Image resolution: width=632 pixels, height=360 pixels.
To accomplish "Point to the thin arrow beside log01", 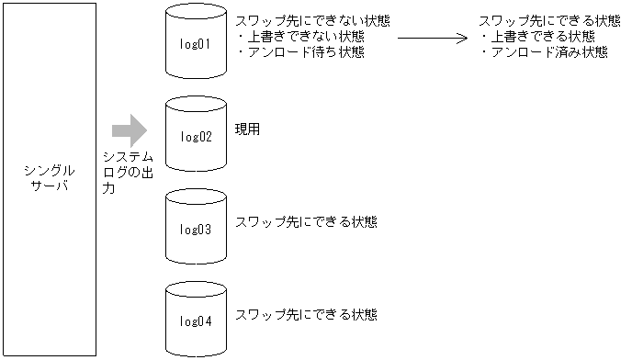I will pos(431,39).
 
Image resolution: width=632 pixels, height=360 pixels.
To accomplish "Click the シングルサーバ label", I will pos(49,179).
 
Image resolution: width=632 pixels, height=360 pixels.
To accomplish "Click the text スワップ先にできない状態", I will pos(312,21).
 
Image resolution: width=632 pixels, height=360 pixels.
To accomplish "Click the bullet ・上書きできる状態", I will pos(536,37).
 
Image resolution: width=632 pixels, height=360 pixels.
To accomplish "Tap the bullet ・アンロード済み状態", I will pos(543,52).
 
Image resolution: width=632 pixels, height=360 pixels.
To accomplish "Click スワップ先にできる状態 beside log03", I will pos(306,221).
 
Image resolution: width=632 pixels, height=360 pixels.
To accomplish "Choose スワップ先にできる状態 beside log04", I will pos(306,314).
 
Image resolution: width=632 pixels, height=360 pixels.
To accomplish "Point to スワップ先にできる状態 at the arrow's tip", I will pos(549,21).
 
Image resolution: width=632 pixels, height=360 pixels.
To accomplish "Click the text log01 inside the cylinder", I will pos(196,44).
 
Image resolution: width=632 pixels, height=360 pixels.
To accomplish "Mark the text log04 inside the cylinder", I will pos(196,321).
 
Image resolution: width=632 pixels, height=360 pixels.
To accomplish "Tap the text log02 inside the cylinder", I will pos(196,137).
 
